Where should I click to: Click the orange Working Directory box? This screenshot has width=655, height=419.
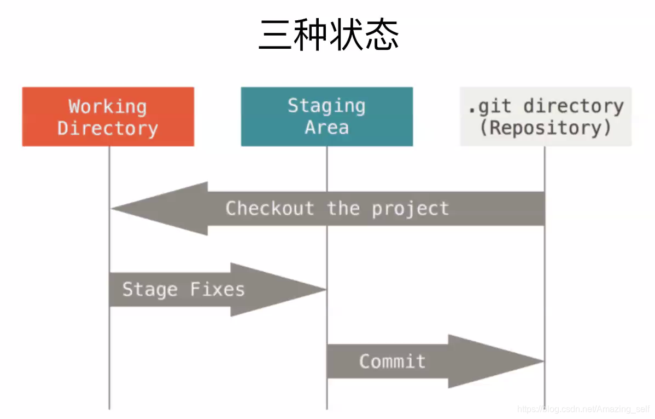click(x=108, y=117)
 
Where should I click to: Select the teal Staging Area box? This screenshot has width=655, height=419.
click(x=326, y=117)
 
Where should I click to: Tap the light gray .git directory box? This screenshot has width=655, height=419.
click(x=545, y=117)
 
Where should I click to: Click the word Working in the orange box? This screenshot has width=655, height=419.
click(x=108, y=106)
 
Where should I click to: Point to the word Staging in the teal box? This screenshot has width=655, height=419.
click(x=326, y=106)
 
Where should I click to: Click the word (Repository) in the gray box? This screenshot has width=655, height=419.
click(x=545, y=128)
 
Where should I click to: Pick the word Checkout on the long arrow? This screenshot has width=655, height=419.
click(x=270, y=209)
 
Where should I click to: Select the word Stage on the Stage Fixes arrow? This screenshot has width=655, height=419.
click(x=149, y=289)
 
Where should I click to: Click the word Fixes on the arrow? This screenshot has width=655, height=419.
click(x=217, y=289)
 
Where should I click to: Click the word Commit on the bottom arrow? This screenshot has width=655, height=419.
click(x=392, y=361)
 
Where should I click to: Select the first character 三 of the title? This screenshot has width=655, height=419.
click(x=274, y=35)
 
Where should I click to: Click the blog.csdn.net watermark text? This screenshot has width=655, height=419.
click(x=584, y=409)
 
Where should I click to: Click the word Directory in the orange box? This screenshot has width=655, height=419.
click(x=108, y=128)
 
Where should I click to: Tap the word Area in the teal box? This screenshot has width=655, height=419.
click(x=326, y=128)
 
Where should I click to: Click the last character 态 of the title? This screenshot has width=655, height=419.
click(x=381, y=35)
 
